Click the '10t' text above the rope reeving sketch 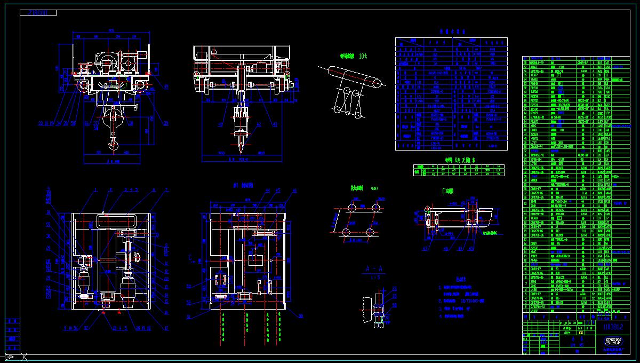coord(363,56)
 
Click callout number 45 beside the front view coord(166,86)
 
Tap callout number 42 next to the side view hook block coord(260,125)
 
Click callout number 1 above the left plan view coord(95,190)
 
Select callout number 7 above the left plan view coord(166,190)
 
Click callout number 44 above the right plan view coord(268,190)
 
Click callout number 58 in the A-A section coord(394,305)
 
